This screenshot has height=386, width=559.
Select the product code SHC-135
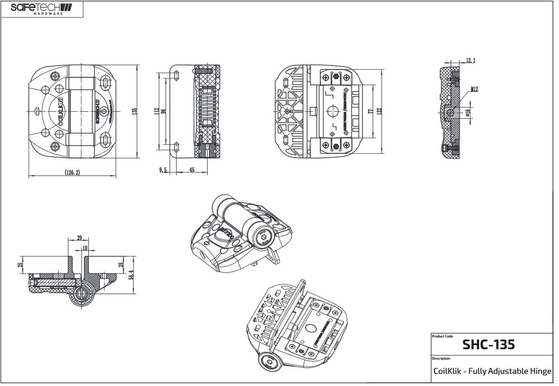489,345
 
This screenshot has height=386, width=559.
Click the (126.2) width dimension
72,172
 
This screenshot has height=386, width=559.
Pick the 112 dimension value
156,111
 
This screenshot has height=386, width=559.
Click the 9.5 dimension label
163,170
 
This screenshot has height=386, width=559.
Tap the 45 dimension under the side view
191,170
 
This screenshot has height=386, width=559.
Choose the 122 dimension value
379,111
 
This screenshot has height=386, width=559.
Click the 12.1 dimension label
470,61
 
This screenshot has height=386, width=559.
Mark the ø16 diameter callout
467,113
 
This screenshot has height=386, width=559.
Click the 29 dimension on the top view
79,238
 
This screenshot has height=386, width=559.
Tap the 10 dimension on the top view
84,248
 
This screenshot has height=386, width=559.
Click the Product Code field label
442,336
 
